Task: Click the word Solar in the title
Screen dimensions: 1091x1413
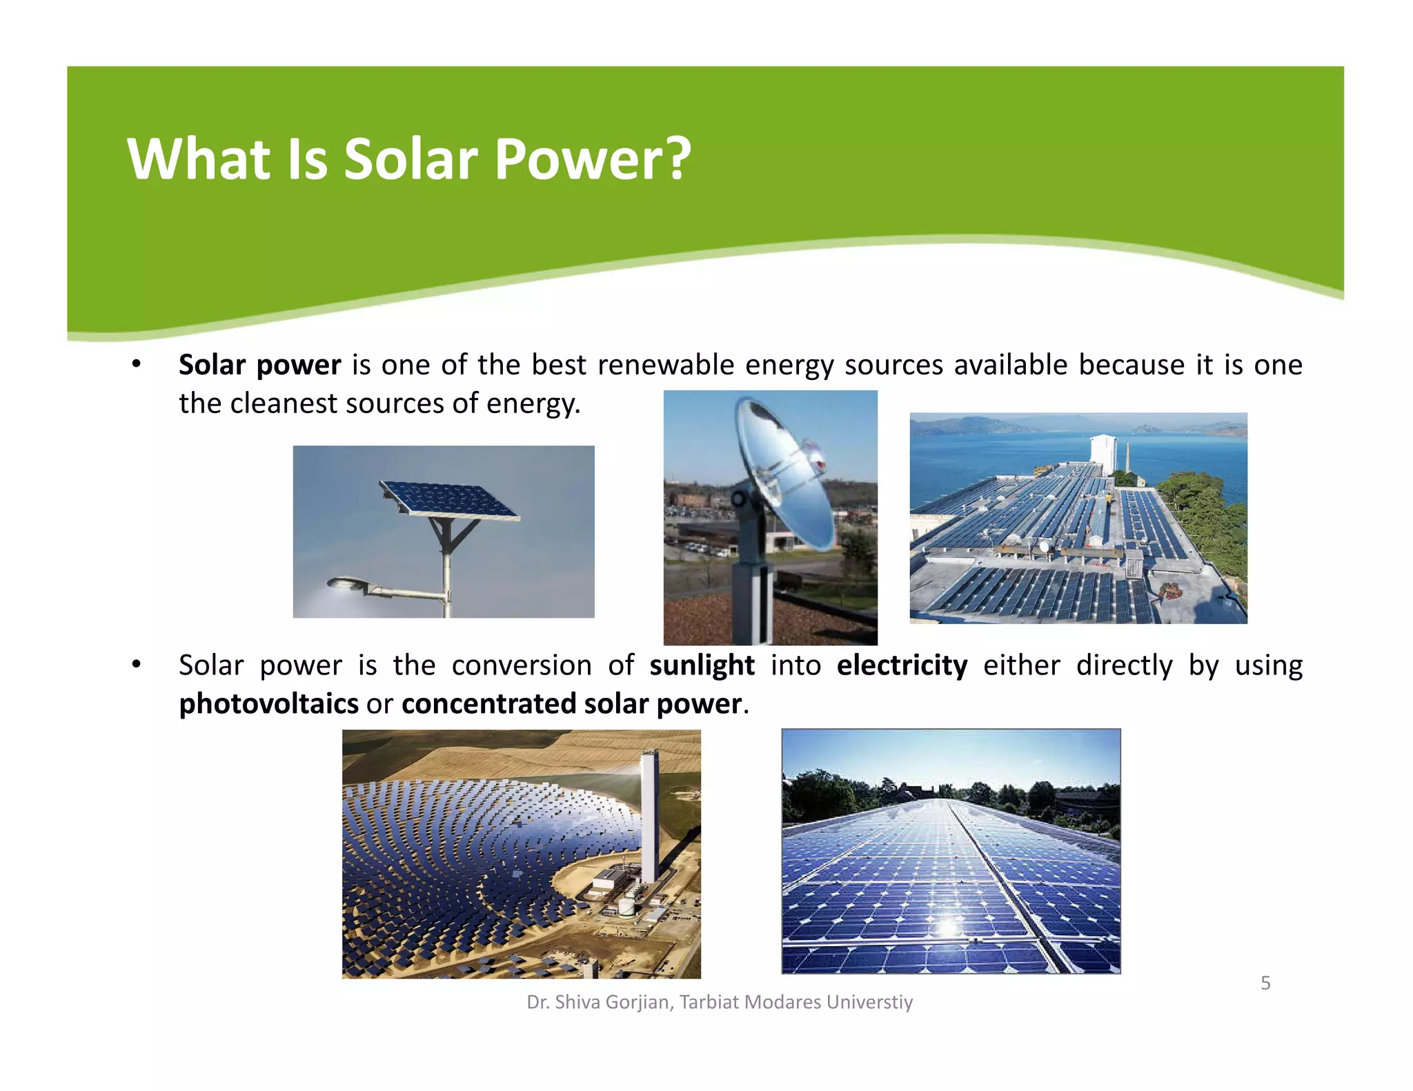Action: (x=411, y=160)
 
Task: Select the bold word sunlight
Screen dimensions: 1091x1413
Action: (x=702, y=665)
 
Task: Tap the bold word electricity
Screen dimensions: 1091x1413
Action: (x=902, y=665)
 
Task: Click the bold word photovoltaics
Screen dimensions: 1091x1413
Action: (x=268, y=704)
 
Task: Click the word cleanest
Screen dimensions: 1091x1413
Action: (x=283, y=403)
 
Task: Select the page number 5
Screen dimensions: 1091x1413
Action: (x=1265, y=983)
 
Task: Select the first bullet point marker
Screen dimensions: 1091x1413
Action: (x=137, y=364)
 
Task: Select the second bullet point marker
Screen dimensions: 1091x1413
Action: (x=137, y=665)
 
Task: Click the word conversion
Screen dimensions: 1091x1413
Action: (x=522, y=665)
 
